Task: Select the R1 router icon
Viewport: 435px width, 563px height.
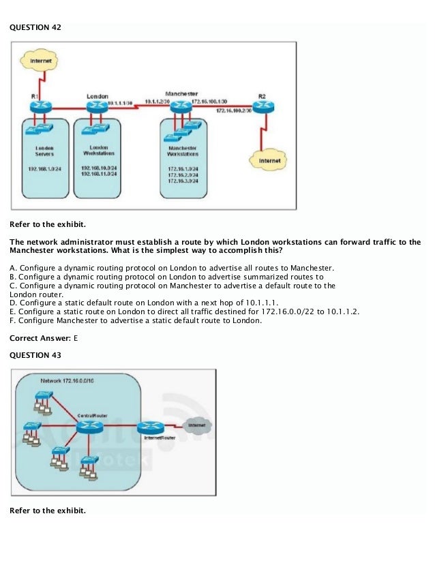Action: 42,107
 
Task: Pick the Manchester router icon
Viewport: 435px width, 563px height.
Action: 181,106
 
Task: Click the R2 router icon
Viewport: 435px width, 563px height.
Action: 262,107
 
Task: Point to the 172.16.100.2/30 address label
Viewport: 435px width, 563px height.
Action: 234,110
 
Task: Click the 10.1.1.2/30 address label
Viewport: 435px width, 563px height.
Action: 157,102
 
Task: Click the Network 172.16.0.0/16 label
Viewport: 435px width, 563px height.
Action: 67,380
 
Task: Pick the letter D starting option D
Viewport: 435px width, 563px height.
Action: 12,302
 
